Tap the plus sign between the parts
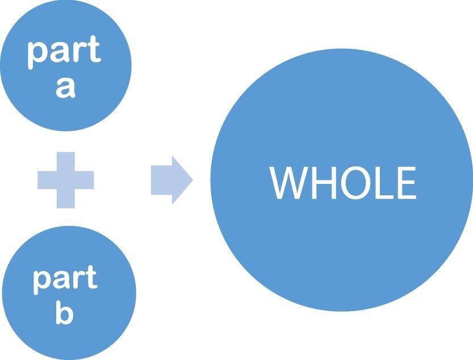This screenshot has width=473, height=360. click(x=65, y=180)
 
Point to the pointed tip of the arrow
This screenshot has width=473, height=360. click(x=191, y=180)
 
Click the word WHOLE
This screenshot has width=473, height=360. click(x=343, y=183)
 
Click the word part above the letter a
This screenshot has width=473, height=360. click(x=64, y=52)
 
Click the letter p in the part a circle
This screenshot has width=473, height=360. click(x=36, y=54)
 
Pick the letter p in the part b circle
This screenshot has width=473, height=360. click(x=41, y=282)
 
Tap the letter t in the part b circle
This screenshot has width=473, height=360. click(x=91, y=278)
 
